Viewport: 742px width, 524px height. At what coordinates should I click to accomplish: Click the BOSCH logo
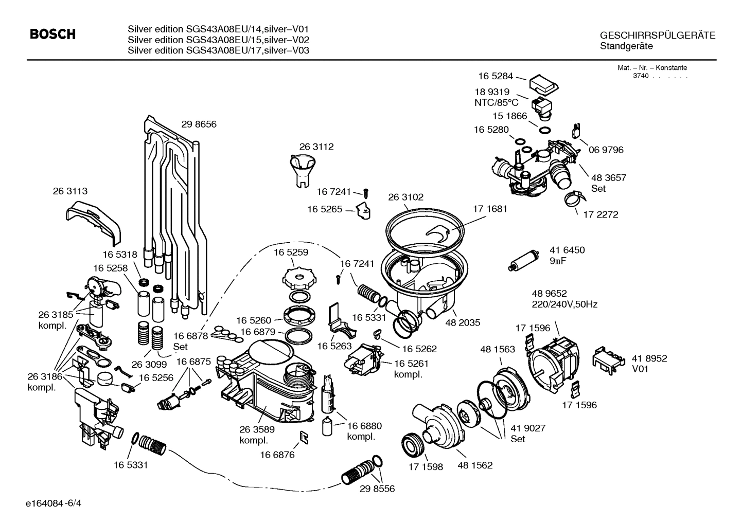[x=53, y=34]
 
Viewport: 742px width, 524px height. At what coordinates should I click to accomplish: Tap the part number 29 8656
[x=199, y=124]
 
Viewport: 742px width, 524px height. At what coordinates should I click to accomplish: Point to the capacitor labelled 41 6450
[x=523, y=259]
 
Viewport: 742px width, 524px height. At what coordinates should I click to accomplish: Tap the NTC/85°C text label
[x=496, y=103]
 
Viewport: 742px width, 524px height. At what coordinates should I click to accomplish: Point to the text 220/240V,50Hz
[x=564, y=304]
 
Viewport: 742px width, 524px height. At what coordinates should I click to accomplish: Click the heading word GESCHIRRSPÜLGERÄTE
[x=658, y=35]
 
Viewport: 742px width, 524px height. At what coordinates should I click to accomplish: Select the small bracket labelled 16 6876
[x=304, y=437]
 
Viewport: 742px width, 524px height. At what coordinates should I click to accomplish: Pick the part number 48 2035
[x=463, y=323]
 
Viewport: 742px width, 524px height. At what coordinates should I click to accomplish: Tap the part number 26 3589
[x=257, y=429]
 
